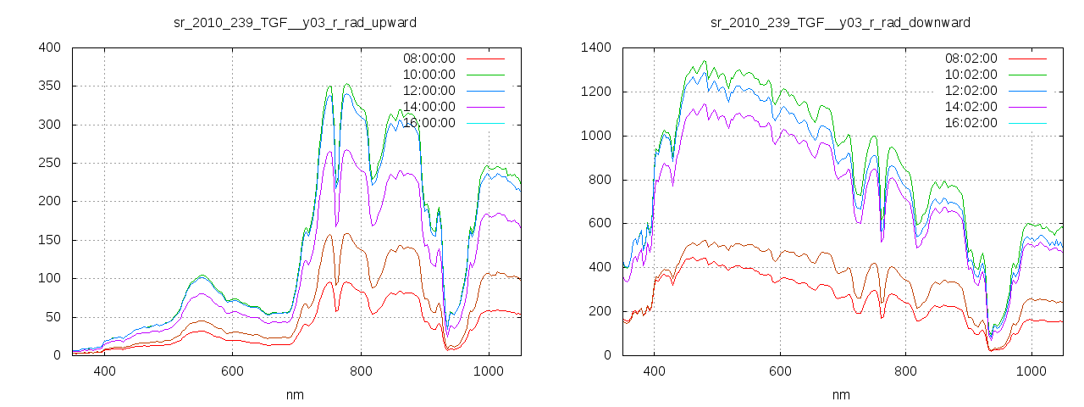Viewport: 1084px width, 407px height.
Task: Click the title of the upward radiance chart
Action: [x=295, y=22]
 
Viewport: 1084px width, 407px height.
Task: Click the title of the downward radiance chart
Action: [x=840, y=22]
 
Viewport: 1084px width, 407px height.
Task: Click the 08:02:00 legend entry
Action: [x=971, y=59]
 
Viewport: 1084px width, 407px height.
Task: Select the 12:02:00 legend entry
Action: [x=971, y=91]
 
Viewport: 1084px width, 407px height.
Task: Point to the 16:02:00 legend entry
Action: [x=971, y=123]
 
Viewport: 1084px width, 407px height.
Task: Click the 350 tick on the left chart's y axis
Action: [x=48, y=86]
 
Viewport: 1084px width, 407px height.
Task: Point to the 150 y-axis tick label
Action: [x=48, y=240]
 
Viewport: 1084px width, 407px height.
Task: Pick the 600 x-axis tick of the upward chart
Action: [x=232, y=371]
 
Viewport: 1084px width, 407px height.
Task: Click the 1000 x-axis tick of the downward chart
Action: [x=1031, y=371]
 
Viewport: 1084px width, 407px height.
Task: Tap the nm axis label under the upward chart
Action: [x=295, y=394]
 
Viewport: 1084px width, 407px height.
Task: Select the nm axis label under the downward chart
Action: [x=840, y=394]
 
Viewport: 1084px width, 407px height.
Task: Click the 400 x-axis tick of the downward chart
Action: [x=653, y=371]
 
